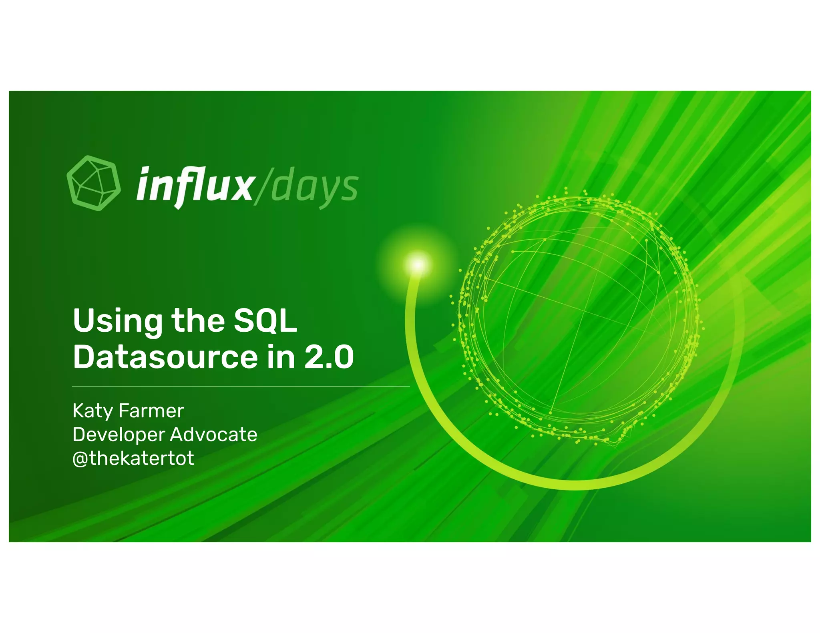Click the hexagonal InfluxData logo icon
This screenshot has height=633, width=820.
pos(93,183)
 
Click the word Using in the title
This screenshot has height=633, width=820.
pos(118,322)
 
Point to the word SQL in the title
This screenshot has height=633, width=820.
pos(265,321)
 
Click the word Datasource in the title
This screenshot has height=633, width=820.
pos(165,357)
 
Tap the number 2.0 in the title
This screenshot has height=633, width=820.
pos(329,357)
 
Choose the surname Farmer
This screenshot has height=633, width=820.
pos(151,411)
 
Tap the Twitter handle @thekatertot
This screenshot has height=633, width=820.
pos(133,458)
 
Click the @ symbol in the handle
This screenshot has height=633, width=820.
pos(80,459)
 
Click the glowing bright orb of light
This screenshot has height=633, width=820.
pos(418,264)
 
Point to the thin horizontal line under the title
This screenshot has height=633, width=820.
pos(241,387)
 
